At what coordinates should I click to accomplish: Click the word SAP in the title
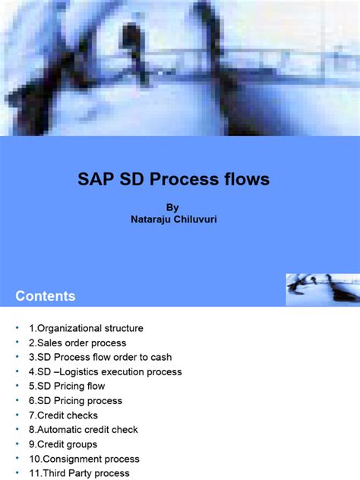(x=94, y=180)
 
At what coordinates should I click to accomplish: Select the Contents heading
(x=46, y=296)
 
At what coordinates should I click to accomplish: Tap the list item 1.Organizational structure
(x=87, y=329)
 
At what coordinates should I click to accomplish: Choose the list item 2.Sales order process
(x=78, y=343)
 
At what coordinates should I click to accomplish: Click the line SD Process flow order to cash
(x=101, y=358)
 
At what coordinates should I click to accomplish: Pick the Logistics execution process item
(x=106, y=372)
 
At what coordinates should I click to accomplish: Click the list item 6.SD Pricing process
(x=76, y=401)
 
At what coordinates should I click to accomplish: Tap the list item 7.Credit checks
(x=64, y=415)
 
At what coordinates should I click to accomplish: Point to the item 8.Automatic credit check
(x=84, y=430)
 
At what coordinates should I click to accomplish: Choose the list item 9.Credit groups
(x=64, y=444)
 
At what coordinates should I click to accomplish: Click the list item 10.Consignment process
(x=85, y=459)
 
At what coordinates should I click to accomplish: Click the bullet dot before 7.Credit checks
(x=18, y=415)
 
